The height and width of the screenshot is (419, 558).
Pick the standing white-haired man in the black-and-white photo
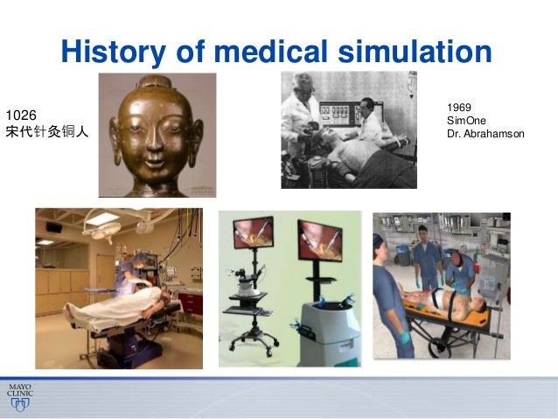[302, 114]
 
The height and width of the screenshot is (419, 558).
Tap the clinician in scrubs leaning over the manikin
[127, 276]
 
